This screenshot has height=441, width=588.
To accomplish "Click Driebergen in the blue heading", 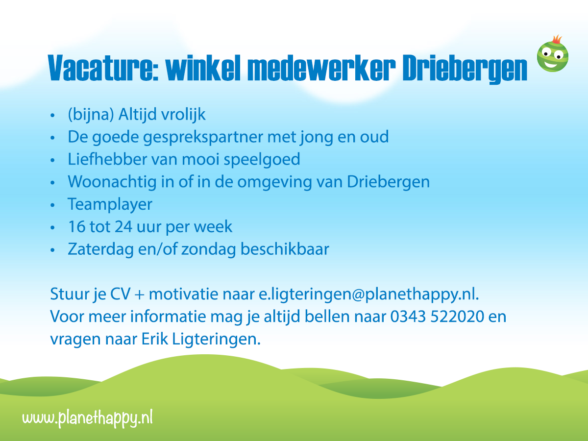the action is [465, 69].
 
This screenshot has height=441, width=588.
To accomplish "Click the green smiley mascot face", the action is [552, 56].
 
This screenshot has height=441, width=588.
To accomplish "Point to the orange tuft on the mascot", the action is [557, 39].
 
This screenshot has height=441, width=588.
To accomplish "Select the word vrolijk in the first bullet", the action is [183, 115].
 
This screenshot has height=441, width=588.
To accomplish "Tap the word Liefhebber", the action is [107, 159].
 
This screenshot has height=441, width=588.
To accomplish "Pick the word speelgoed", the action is [262, 160].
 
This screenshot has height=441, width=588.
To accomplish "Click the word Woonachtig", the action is [112, 182].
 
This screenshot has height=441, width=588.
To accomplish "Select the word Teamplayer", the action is [110, 204].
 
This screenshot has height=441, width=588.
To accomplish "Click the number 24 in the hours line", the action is [123, 227].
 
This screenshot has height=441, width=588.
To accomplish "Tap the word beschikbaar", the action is [285, 249].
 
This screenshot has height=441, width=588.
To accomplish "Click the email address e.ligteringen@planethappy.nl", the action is [368, 294].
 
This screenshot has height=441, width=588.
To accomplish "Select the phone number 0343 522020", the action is [437, 317].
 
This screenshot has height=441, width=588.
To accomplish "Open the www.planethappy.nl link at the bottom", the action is [87, 418].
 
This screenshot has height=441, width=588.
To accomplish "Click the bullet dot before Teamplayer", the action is [52, 205].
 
